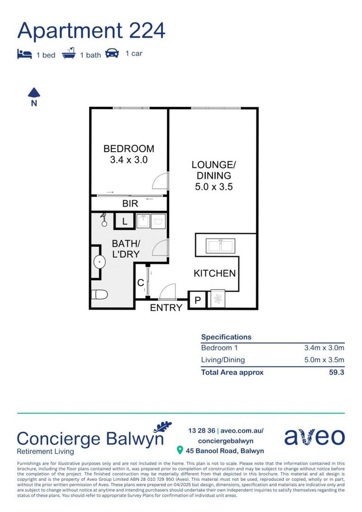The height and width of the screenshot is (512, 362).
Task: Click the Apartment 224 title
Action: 91,31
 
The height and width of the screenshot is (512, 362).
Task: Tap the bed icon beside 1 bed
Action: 24,54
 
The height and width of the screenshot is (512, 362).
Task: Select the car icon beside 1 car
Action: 112,53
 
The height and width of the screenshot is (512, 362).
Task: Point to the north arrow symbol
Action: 34,93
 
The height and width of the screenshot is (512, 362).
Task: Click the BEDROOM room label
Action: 129,149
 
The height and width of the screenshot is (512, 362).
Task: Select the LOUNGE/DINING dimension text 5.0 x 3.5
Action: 214,187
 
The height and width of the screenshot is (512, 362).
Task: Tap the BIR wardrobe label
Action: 130,204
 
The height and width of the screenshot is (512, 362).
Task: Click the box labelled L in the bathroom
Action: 124,221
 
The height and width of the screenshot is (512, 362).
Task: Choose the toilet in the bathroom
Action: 99,294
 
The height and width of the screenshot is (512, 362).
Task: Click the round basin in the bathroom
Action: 100,262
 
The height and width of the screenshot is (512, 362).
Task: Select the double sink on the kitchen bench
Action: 219,246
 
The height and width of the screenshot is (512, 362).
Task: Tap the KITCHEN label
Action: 214,274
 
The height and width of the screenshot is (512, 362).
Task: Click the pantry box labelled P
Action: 198,301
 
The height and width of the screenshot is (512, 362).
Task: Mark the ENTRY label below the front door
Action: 166,308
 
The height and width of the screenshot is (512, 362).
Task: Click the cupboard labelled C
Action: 141,283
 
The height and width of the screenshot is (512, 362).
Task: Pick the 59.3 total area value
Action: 336,372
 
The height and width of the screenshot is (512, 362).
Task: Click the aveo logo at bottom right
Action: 314,437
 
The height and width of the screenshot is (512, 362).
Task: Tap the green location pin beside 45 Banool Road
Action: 180,450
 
